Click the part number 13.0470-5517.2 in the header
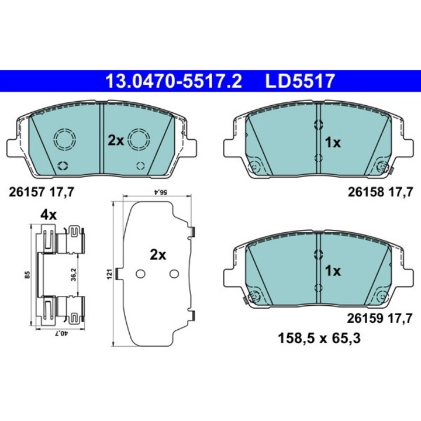point(172,81)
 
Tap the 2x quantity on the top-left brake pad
point(115,141)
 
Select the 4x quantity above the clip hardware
point(49,215)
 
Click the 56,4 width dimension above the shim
point(156,191)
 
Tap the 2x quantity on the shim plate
point(158,255)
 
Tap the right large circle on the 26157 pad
point(139,139)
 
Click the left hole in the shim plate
point(140,274)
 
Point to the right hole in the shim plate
point(174,274)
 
